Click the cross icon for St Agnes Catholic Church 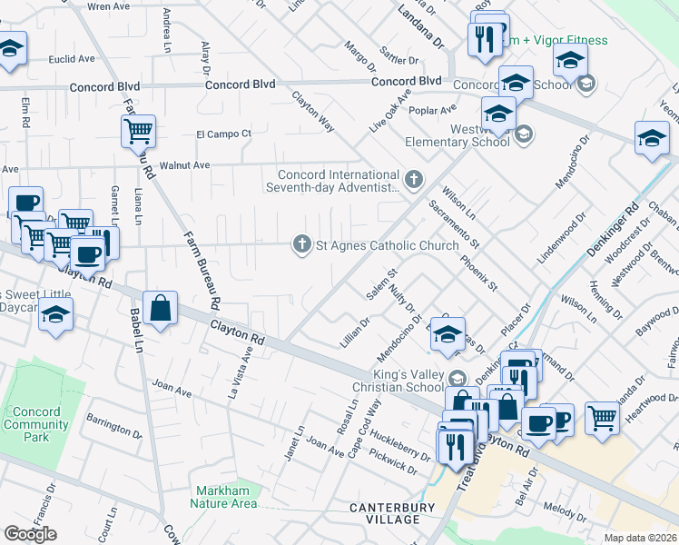[x=301, y=244]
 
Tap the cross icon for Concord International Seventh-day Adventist [x=414, y=179]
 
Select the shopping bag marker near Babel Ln [x=161, y=308]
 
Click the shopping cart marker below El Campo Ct [x=138, y=131]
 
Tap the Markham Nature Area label [x=223, y=497]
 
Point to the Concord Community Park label [x=36, y=424]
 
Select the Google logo [x=30, y=534]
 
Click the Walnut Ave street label [x=184, y=165]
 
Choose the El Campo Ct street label [x=223, y=134]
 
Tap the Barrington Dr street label [x=113, y=427]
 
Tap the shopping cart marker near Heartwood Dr [x=602, y=418]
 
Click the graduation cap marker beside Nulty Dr [x=448, y=335]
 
